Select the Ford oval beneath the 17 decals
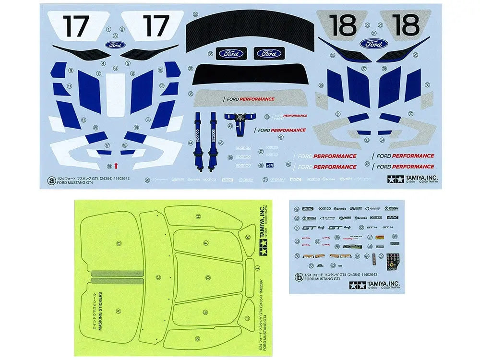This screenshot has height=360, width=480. pyautogui.click(x=115, y=45)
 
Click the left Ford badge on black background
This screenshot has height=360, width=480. pyautogui.click(x=231, y=53)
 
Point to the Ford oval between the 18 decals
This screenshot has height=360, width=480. pyautogui.click(x=374, y=44)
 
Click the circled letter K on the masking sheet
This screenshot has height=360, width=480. pyautogui.click(x=248, y=238)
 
